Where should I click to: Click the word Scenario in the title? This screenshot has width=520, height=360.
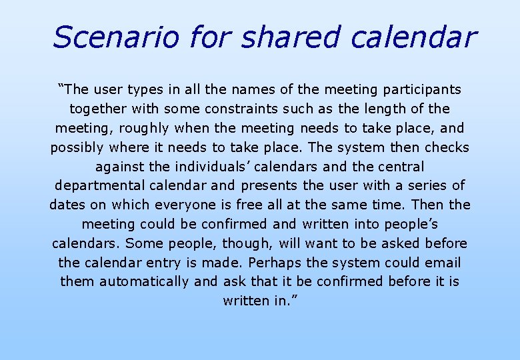pyautogui.click(x=115, y=37)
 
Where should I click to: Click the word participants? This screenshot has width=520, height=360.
pyautogui.click(x=421, y=89)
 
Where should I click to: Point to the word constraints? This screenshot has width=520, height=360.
pyautogui.click(x=248, y=109)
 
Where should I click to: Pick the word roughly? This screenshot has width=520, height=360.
pyautogui.click(x=147, y=128)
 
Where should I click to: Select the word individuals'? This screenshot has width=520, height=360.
pyautogui.click(x=194, y=166)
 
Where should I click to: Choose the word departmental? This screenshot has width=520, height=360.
pyautogui.click(x=101, y=185)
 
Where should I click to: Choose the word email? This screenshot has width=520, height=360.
pyautogui.click(x=442, y=263)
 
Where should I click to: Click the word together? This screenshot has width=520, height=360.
pyautogui.click(x=97, y=109)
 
